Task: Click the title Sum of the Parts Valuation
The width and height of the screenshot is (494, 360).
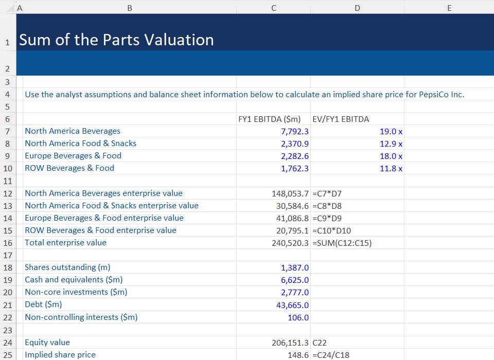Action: point(116,40)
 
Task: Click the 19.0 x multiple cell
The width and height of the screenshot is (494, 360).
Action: point(391,132)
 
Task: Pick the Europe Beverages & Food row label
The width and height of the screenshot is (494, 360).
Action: point(73,156)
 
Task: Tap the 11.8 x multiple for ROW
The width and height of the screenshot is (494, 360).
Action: point(391,169)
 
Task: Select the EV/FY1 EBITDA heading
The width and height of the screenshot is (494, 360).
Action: point(341,119)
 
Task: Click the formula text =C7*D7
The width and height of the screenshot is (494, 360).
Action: point(327,194)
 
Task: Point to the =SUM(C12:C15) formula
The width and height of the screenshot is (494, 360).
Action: point(342,243)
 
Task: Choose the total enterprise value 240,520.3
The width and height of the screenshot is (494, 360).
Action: point(290,243)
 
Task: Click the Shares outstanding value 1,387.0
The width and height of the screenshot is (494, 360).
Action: point(295,268)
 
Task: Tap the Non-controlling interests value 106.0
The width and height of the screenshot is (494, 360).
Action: point(298,318)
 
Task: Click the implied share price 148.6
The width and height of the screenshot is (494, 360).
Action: point(298,355)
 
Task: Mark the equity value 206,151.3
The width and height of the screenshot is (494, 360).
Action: point(290,343)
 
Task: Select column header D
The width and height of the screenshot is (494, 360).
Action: point(357,8)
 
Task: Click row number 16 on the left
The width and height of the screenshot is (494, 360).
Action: point(7,243)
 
